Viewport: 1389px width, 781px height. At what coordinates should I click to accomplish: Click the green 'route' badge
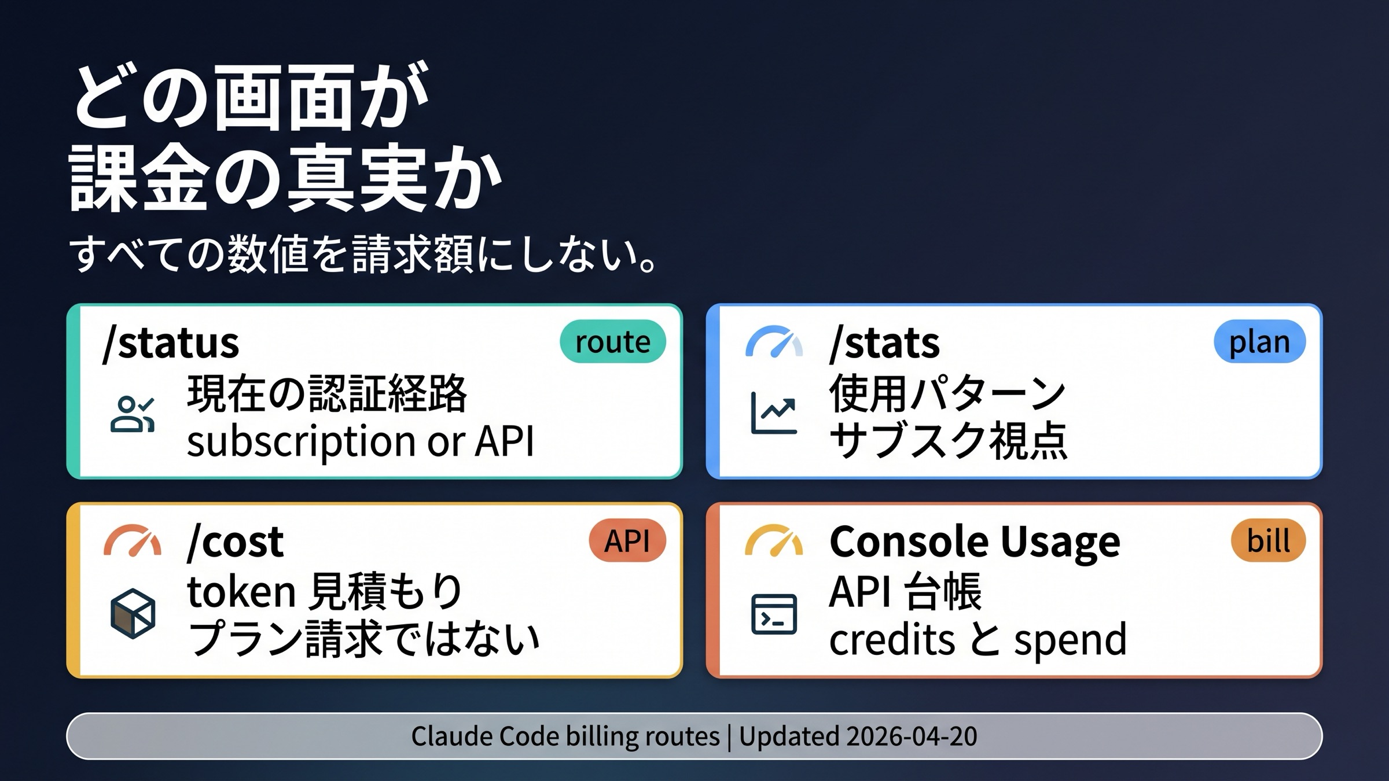[612, 341]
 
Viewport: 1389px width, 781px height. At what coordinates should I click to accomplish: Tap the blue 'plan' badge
[1259, 341]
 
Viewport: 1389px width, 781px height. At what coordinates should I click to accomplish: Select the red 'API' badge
[627, 540]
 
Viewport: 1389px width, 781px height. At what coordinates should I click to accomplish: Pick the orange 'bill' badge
[1268, 540]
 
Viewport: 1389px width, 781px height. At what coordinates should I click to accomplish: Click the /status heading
[170, 342]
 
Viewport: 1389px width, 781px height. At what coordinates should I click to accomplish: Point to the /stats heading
[884, 342]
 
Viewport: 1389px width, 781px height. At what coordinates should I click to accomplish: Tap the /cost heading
[236, 541]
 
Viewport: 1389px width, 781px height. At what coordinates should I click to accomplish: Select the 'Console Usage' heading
[975, 541]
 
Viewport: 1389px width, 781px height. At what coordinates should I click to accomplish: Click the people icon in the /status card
[133, 414]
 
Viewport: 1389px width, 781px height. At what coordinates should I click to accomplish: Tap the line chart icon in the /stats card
[774, 413]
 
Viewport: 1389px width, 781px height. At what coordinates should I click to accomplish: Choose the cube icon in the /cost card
[133, 613]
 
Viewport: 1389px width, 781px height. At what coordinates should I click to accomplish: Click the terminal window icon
[774, 614]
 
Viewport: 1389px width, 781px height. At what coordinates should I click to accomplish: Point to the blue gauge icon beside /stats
[774, 342]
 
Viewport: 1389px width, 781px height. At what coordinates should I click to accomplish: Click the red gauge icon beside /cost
[133, 541]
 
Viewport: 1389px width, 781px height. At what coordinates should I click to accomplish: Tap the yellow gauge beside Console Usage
[774, 541]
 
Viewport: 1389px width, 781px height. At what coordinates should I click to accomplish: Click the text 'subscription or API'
[360, 441]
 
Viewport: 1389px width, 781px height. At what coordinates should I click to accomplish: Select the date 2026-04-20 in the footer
[912, 736]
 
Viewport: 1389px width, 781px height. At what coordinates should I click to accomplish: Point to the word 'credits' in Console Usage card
[892, 639]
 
